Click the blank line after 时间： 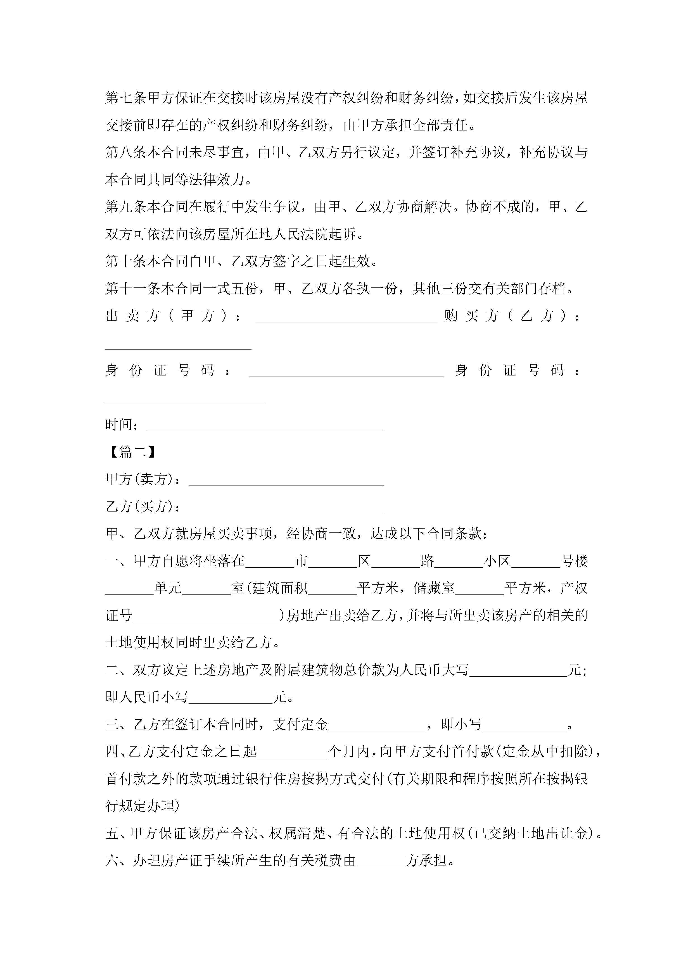[x=265, y=425]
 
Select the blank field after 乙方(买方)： [x=286, y=507]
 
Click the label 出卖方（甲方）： [x=173, y=316]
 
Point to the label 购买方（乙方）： [x=512, y=316]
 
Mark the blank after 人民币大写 [x=518, y=670]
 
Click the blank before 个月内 [x=292, y=752]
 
